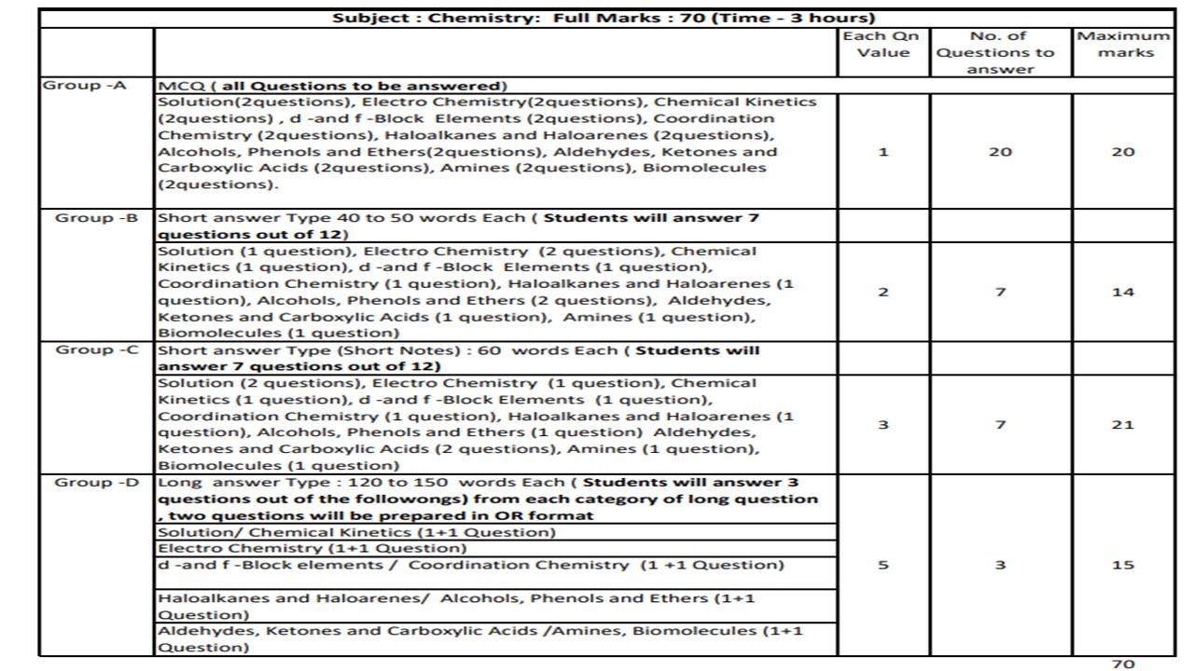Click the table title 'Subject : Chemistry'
[x=604, y=18]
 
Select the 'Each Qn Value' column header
[x=882, y=45]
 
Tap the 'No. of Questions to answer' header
[x=1000, y=53]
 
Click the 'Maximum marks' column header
[x=1124, y=45]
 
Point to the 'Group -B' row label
[x=97, y=218]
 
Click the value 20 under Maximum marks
[x=1123, y=152]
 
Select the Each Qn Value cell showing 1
[x=883, y=152]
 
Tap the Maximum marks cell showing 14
[x=1123, y=292]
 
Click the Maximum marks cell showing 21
[x=1123, y=425]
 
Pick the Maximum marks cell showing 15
[x=1123, y=565]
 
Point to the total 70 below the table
[x=1123, y=664]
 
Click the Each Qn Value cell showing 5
[x=883, y=565]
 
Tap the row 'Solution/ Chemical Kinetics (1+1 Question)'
[x=356, y=532]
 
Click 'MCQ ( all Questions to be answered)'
[x=333, y=86]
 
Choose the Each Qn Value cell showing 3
[x=883, y=425]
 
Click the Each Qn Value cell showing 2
[x=883, y=292]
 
